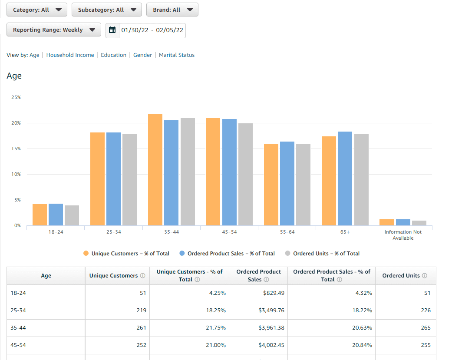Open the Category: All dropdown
click(x=37, y=10)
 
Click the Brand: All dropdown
click(x=172, y=10)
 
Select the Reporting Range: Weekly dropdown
click(x=54, y=30)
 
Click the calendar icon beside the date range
click(x=112, y=30)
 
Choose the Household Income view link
click(x=70, y=55)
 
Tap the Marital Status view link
click(x=177, y=55)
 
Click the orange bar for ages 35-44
click(x=155, y=170)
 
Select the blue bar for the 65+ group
click(x=345, y=178)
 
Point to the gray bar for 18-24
click(x=72, y=215)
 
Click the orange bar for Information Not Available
click(x=386, y=222)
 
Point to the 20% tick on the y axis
click(x=16, y=123)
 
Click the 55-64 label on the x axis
click(x=287, y=232)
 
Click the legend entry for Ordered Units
click(x=326, y=254)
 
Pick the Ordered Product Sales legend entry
click(x=230, y=254)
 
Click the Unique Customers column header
click(x=114, y=276)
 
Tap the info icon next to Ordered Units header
click(x=425, y=276)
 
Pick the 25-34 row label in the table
click(x=18, y=310)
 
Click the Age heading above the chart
click(x=14, y=76)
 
